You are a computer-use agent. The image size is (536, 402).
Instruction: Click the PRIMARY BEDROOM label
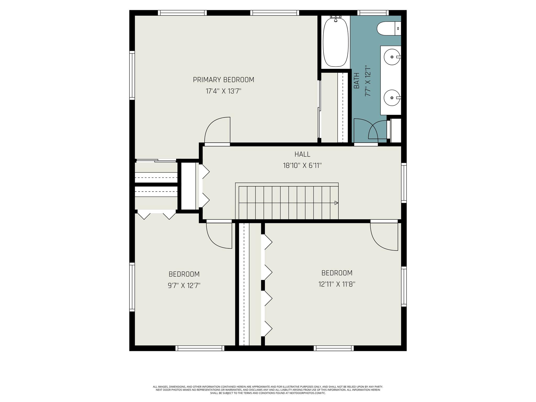(x=224, y=80)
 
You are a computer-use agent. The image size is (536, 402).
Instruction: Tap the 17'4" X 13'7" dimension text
(x=223, y=91)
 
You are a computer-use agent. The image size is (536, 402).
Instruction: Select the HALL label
(x=302, y=154)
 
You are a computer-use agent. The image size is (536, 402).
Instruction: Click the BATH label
(x=356, y=81)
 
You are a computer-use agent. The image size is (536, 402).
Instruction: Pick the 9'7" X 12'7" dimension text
(x=184, y=285)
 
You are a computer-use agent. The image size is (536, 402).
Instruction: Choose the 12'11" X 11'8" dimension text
(x=337, y=284)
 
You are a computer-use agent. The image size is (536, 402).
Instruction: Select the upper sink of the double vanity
(x=392, y=57)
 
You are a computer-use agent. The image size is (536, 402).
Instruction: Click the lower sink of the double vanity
(x=392, y=98)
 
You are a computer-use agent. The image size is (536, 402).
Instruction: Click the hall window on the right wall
(x=404, y=183)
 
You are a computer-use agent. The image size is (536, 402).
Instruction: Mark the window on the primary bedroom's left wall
(x=132, y=75)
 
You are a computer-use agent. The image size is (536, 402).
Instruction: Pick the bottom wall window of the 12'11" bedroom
(x=334, y=348)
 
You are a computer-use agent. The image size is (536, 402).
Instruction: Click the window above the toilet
(x=373, y=13)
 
